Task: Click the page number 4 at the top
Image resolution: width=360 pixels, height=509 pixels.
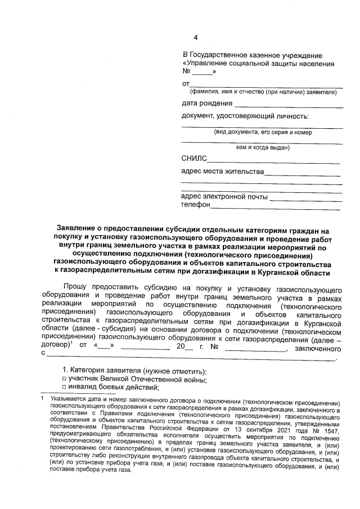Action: [x=196, y=38]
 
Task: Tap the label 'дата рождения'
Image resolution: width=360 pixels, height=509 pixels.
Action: [x=207, y=103]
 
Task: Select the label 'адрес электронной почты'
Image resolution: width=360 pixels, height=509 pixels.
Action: [x=224, y=197]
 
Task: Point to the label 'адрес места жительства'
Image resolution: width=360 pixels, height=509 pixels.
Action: [x=222, y=171]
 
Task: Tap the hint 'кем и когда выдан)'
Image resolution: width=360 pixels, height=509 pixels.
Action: [x=262, y=148]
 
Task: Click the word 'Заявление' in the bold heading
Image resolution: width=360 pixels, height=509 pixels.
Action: [x=78, y=229]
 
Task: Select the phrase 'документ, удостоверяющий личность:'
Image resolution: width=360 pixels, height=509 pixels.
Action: [x=245, y=116]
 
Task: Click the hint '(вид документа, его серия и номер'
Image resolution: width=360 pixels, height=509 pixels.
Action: [x=262, y=133]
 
